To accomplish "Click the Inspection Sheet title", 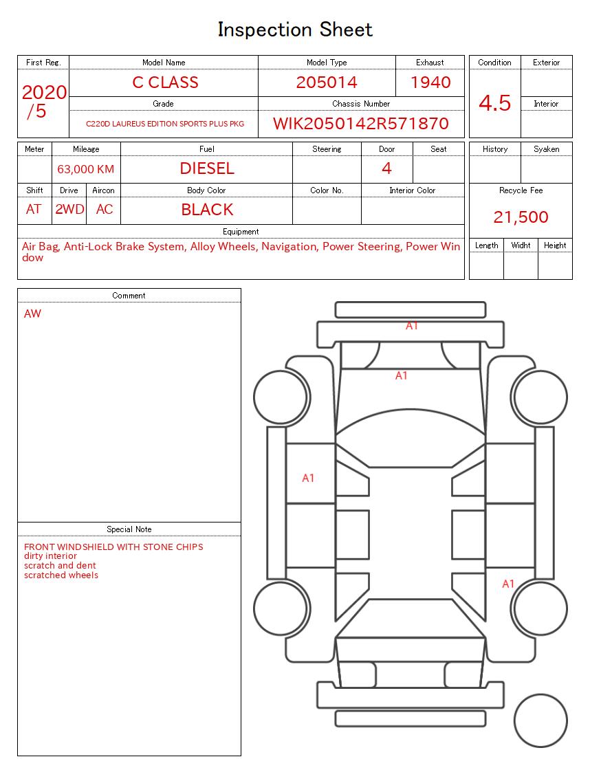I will point(295,30).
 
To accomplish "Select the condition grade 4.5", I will point(494,103).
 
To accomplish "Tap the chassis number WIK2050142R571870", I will point(360,124).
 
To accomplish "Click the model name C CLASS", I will point(165,82).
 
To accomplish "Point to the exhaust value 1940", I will point(430,82).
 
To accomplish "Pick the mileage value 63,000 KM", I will point(86,169).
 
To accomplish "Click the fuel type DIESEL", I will point(207,168).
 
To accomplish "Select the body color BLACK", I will point(207,210).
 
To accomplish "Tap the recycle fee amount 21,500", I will point(521,217).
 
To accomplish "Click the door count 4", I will point(386,168).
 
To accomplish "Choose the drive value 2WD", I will point(69,210).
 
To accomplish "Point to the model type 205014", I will point(327,82).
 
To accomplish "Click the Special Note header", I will point(129,529).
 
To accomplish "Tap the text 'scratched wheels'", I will point(61,575).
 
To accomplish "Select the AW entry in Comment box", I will point(32,314).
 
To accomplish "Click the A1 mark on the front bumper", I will point(412,326).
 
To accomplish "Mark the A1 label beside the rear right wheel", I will point(508,584).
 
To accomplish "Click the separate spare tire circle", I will point(540,721).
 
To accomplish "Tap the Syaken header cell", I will point(547,149).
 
